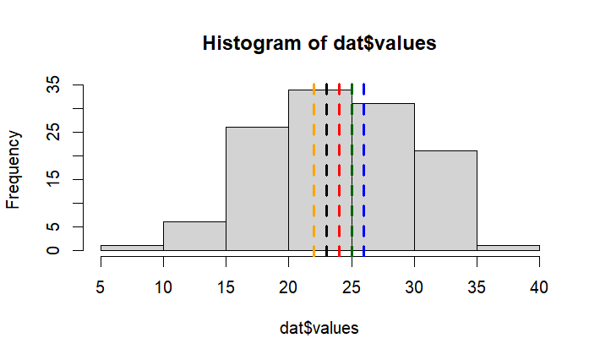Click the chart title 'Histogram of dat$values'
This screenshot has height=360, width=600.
pyautogui.click(x=319, y=43)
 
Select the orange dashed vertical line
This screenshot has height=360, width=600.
pyautogui.click(x=314, y=169)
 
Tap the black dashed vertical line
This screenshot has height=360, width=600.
pyautogui.click(x=326, y=169)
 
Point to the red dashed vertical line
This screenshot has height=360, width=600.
pyautogui.click(x=339, y=169)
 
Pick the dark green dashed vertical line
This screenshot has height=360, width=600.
pyautogui.click(x=352, y=169)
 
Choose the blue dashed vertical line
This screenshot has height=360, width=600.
pyautogui.click(x=364, y=169)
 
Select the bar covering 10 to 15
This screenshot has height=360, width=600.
pyautogui.click(x=194, y=236)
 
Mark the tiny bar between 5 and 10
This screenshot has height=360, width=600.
pyautogui.click(x=132, y=248)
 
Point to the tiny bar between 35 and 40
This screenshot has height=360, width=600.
pyautogui.click(x=508, y=248)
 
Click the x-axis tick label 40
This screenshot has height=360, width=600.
pyautogui.click(x=539, y=287)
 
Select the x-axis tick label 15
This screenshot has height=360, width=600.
pyautogui.click(x=226, y=287)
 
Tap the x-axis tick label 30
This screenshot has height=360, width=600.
pyautogui.click(x=414, y=287)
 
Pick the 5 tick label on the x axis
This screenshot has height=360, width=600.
pyautogui.click(x=101, y=287)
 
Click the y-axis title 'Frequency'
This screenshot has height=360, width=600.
pyautogui.click(x=14, y=167)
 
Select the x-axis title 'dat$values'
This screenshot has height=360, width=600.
pyautogui.click(x=319, y=328)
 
